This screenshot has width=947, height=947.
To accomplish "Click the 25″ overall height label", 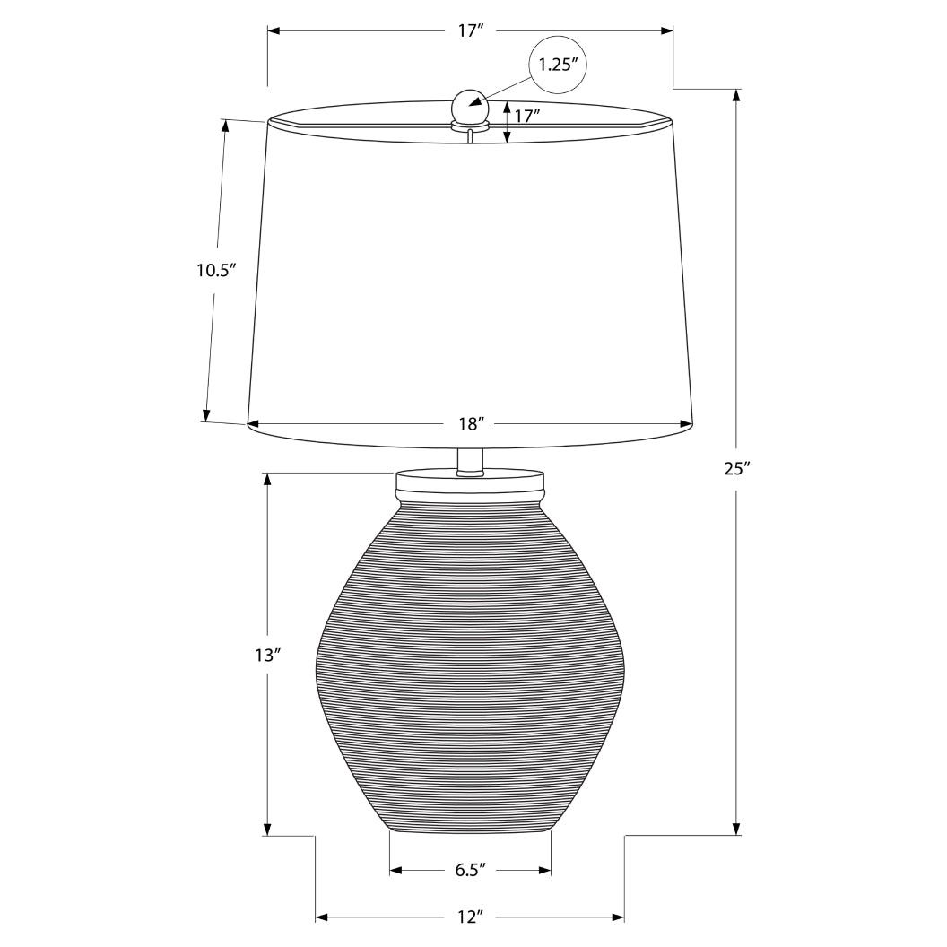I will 736,467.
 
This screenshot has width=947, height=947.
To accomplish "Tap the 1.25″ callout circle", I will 562,65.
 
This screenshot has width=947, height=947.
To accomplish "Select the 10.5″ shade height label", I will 215,269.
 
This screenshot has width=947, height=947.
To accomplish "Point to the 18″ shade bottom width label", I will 470,422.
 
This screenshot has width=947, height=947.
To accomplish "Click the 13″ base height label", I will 266,656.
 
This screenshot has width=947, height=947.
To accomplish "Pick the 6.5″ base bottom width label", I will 470,869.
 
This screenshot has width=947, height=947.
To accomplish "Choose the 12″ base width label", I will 470,917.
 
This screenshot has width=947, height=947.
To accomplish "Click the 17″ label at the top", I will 470,30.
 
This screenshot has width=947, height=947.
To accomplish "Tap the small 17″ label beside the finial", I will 526,115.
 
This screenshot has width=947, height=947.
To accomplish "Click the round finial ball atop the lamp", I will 468,106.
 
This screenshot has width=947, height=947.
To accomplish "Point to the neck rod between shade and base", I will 469,458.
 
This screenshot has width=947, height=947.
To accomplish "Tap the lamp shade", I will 470,278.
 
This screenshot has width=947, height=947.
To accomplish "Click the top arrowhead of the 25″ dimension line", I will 736,94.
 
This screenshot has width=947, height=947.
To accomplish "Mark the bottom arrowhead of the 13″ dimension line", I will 266,829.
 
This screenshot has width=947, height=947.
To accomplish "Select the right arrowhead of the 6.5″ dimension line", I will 544,869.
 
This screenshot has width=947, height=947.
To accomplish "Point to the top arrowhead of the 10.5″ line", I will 225,126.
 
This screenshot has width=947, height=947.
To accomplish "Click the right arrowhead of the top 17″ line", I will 667,30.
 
